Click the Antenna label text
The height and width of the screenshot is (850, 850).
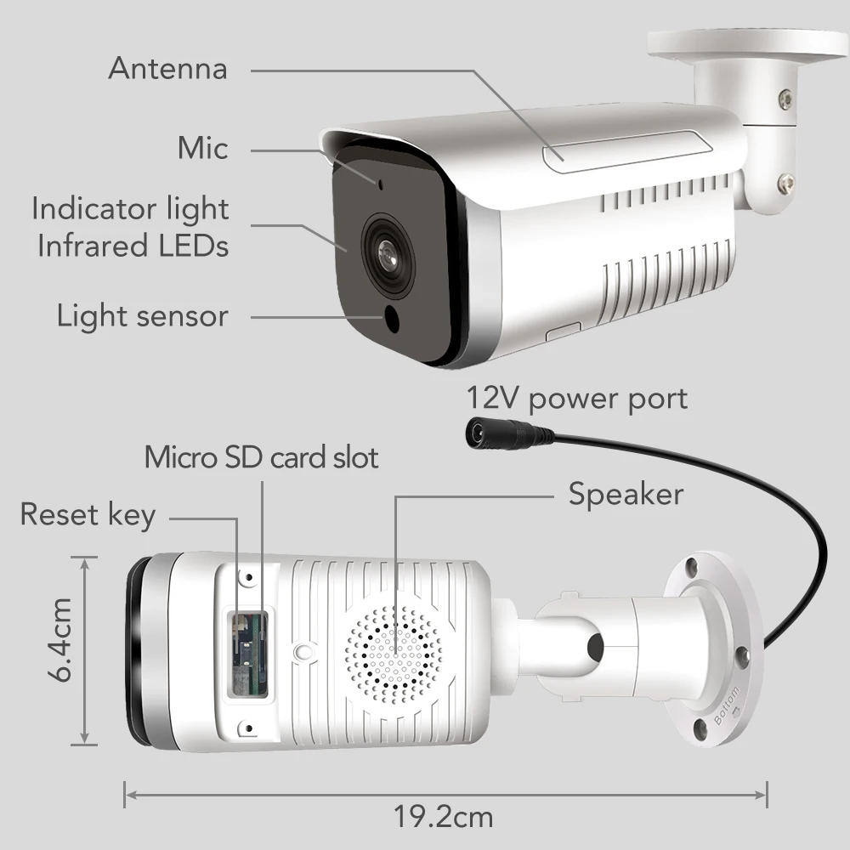coord(167,68)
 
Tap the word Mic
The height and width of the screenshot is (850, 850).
coord(202,148)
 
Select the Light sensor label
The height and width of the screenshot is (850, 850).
coord(142,316)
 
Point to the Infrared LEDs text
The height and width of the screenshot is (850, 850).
coord(133,246)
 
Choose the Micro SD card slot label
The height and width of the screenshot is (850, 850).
coord(261,457)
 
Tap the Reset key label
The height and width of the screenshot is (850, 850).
coord(88,514)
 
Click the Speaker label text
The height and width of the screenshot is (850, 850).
coord(626,494)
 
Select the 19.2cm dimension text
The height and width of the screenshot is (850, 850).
coord(443,818)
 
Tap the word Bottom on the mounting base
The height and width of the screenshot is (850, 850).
coord(728,702)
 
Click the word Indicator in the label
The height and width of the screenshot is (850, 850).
coord(88,208)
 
